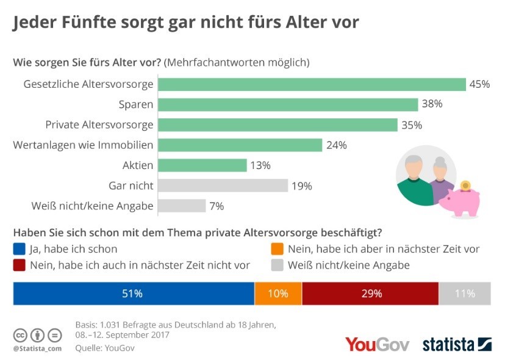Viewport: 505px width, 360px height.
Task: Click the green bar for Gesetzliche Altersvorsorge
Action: pos(311,84)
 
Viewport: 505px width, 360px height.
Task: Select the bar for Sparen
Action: pos(287,104)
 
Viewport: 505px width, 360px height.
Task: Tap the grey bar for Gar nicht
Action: pos(223,185)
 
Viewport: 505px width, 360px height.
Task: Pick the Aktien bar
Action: pos(202,165)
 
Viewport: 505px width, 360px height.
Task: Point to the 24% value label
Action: pos(337,145)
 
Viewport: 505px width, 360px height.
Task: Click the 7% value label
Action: pos(216,206)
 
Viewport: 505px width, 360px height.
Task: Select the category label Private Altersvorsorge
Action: pos(99,125)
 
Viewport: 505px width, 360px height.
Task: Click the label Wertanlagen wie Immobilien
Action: pos(83,145)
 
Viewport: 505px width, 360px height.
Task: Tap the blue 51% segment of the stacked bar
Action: pos(133,293)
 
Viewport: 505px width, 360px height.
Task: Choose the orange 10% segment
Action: pos(278,293)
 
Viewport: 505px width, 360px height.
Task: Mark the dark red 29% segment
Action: pos(370,293)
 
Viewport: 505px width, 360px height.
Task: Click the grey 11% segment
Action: pos(465,293)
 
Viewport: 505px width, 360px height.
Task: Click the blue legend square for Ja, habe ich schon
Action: pos(19,249)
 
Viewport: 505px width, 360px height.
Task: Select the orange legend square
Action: pos(277,249)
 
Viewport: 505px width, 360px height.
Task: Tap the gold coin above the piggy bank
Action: pos(465,184)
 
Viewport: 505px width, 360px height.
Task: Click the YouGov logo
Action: pos(377,344)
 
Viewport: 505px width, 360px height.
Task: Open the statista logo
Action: pos(457,344)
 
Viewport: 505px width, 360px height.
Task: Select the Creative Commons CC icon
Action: pos(20,335)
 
